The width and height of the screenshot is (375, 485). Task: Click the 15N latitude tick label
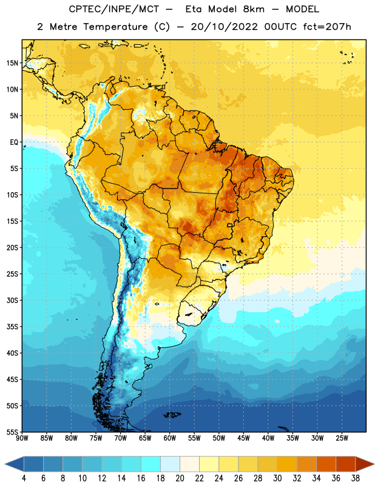[12, 63]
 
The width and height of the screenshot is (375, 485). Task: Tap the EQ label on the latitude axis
[14, 142]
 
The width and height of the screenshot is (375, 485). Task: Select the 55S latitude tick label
[12, 432]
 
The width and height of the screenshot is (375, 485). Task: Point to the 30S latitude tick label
[12, 300]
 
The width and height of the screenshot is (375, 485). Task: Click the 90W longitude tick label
[22, 438]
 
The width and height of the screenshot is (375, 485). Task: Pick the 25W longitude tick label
[342, 438]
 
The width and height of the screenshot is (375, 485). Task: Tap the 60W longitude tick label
[170, 438]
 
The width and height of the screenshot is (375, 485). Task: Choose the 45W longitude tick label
[244, 438]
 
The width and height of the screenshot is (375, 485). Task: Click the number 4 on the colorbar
[24, 478]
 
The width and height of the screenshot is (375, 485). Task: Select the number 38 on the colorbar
[356, 478]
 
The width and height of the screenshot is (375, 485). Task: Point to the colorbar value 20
[180, 478]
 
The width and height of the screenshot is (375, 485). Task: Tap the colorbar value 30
[277, 478]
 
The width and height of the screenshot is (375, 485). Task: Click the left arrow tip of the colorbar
[5, 464]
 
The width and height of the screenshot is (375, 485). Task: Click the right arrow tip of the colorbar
[374, 464]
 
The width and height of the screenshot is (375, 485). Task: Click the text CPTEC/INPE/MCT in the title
[114, 9]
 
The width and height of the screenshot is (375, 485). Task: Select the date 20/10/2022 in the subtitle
[224, 27]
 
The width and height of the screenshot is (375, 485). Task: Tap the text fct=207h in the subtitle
[327, 27]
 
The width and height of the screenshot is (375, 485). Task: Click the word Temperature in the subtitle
[115, 27]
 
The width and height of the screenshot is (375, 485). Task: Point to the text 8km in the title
[254, 9]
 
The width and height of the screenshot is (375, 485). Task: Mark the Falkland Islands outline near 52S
[172, 415]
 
